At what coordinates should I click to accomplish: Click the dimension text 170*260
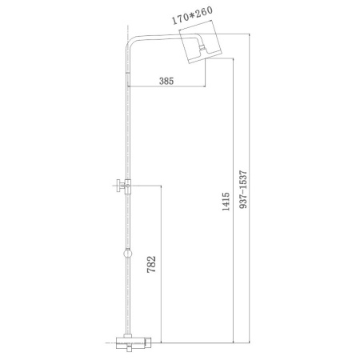point(192,15)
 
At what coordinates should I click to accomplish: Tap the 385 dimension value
point(166,81)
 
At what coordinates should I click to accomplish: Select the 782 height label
point(151,264)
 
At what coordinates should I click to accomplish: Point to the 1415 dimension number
point(226,202)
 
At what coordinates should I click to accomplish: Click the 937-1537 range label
point(243,190)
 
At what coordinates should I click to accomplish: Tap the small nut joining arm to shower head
point(202,48)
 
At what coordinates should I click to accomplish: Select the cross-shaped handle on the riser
point(122,186)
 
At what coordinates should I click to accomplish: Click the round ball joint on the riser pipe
point(128,253)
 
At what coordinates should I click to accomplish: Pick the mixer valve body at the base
point(134,342)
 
